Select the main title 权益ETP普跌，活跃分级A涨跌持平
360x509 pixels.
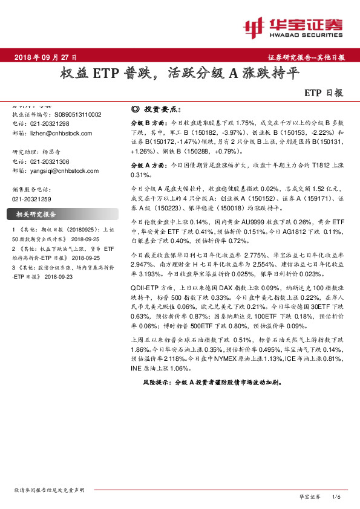(180, 74)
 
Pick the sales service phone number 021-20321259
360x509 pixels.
(31, 198)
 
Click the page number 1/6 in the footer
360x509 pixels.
(337, 496)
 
